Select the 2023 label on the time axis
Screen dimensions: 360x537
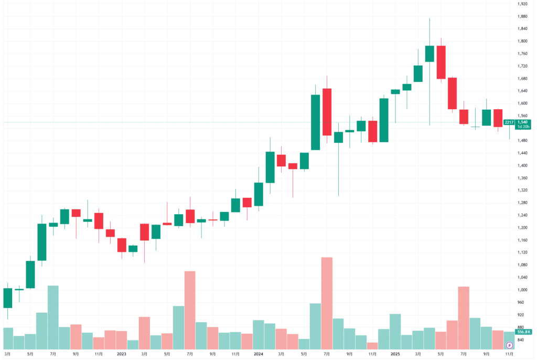121,354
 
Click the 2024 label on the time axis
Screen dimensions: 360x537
258,354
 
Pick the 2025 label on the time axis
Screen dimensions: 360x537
395,354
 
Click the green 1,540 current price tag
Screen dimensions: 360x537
522,122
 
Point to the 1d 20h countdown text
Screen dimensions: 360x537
522,127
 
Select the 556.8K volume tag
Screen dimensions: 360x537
522,332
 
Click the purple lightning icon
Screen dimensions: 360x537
509,345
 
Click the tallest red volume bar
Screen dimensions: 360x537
327,303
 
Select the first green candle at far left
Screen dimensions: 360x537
7,298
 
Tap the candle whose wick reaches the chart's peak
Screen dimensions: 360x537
429,54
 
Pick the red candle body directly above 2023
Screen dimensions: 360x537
122,245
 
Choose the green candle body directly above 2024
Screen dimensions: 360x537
259,194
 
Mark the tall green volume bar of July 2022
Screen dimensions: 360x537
53,317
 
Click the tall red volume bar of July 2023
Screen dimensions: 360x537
190,310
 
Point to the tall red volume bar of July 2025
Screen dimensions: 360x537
464,318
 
